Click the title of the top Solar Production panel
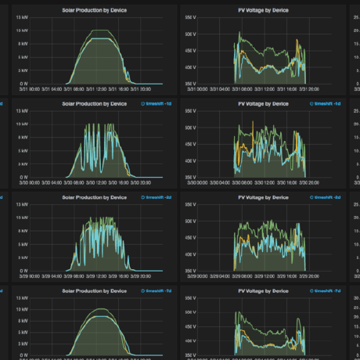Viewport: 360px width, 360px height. click(x=95, y=9)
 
